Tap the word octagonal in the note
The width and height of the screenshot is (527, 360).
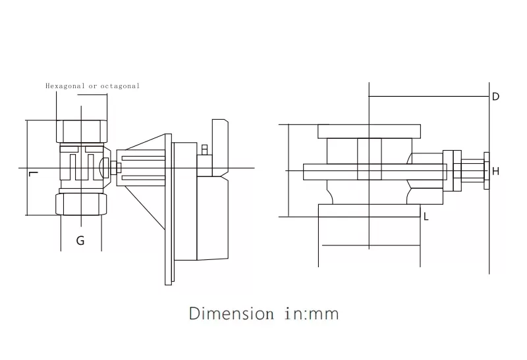[x=121, y=86]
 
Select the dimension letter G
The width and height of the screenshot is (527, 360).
[x=80, y=241]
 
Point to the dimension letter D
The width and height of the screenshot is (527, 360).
[x=495, y=97]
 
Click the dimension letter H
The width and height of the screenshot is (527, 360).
[x=495, y=171]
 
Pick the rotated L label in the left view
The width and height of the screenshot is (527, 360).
[x=34, y=174]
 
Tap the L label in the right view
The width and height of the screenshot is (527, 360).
[x=426, y=217]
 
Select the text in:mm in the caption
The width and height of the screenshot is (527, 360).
[x=312, y=313]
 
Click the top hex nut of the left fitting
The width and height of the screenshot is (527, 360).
[x=82, y=130]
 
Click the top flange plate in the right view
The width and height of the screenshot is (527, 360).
[x=369, y=131]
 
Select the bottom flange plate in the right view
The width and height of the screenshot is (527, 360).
[x=369, y=210]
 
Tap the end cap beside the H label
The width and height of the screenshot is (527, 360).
[x=487, y=170]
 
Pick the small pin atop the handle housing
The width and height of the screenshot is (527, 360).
[x=205, y=149]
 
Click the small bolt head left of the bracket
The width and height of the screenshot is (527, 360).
[x=113, y=168]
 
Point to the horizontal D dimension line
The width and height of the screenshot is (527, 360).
[x=428, y=97]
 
